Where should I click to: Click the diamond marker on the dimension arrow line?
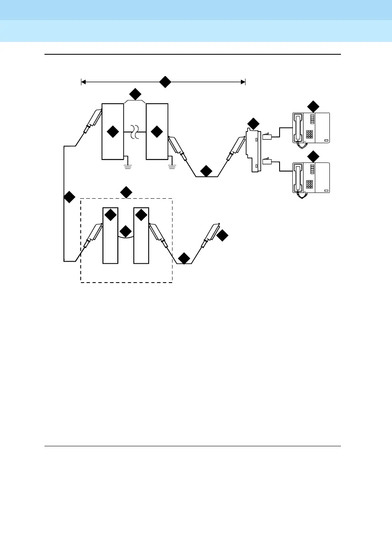click(165, 82)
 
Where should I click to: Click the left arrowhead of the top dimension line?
click(83, 82)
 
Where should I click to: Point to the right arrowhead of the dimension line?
click(243, 82)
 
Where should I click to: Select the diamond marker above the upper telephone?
click(313, 106)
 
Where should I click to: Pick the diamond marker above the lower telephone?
click(313, 156)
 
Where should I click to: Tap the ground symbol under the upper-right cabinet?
click(172, 166)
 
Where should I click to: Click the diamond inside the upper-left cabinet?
click(112, 132)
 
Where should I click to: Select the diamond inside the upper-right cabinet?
click(157, 132)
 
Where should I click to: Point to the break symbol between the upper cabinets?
click(135, 132)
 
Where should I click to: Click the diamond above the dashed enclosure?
click(126, 192)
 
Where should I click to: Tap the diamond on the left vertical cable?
click(69, 197)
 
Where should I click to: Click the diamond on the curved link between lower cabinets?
click(126, 231)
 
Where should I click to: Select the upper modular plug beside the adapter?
click(267, 137)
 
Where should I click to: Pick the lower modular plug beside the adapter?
click(267, 161)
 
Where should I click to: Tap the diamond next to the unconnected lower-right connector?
click(222, 236)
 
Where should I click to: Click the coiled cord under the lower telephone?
click(303, 196)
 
